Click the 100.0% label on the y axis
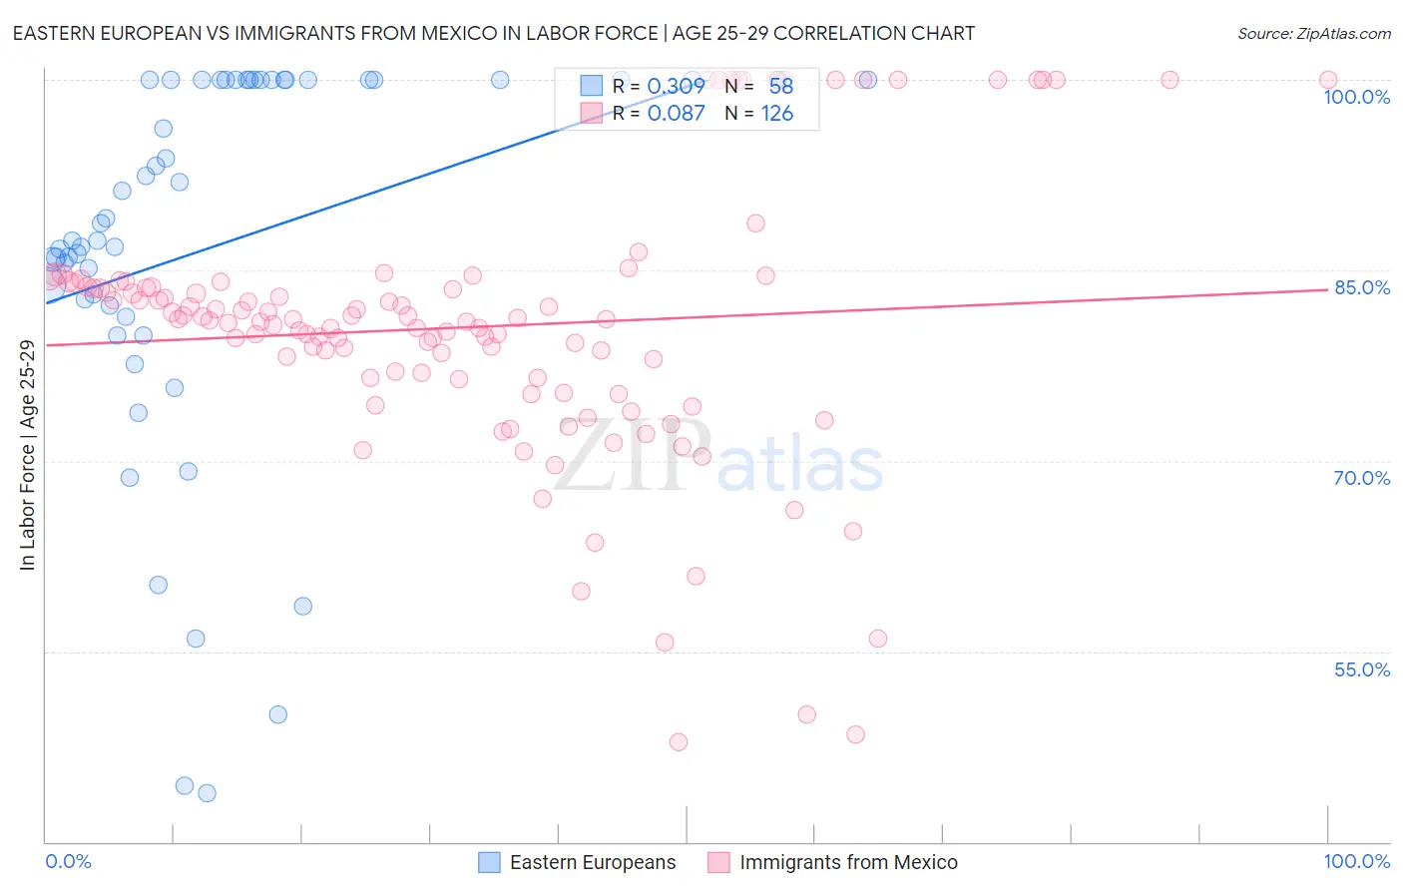pos(1356,97)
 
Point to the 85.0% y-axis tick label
pos(1362,287)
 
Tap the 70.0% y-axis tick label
pos(1362,478)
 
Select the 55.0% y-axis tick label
pos(1362,669)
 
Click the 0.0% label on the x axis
pos(68,861)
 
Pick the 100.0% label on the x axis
pos(1356,861)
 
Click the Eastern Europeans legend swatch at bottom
pos(489,863)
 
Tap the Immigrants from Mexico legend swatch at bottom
pos(718,863)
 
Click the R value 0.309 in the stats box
pos(676,87)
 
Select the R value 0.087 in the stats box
pos(676,114)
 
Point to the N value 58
pos(780,87)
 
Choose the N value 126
pos(776,114)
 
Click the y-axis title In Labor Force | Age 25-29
pos(27,455)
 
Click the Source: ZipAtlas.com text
pos(1313,34)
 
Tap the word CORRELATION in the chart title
pos(834,33)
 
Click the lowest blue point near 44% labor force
pos(207,793)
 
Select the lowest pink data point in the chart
pos(679,742)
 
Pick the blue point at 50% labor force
pos(278,714)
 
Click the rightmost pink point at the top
pos(1328,80)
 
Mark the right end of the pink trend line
pos(1327,289)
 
